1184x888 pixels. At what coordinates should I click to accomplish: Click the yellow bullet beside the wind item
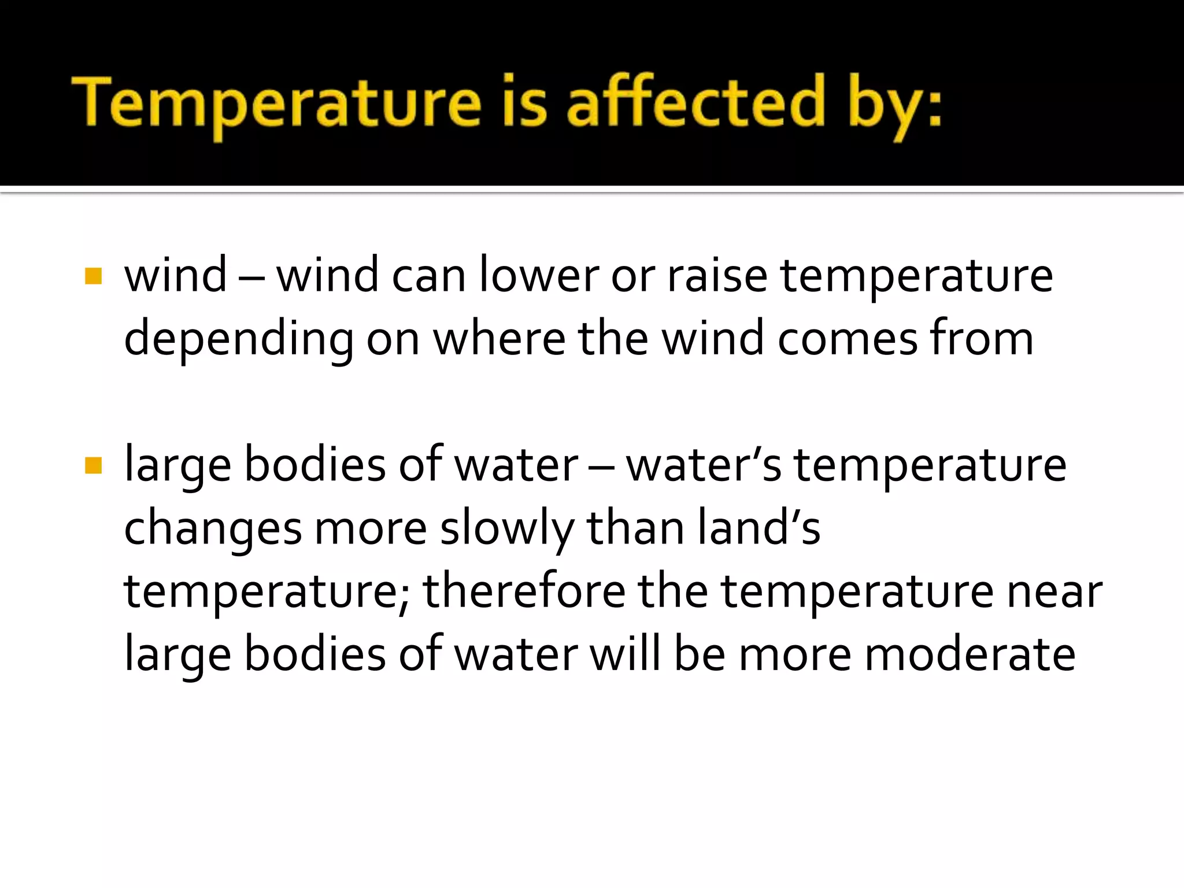[93, 276]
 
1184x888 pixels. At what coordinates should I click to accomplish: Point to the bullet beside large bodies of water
[93, 465]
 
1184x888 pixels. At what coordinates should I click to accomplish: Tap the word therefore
[524, 591]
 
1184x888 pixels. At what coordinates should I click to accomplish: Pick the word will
[625, 654]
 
